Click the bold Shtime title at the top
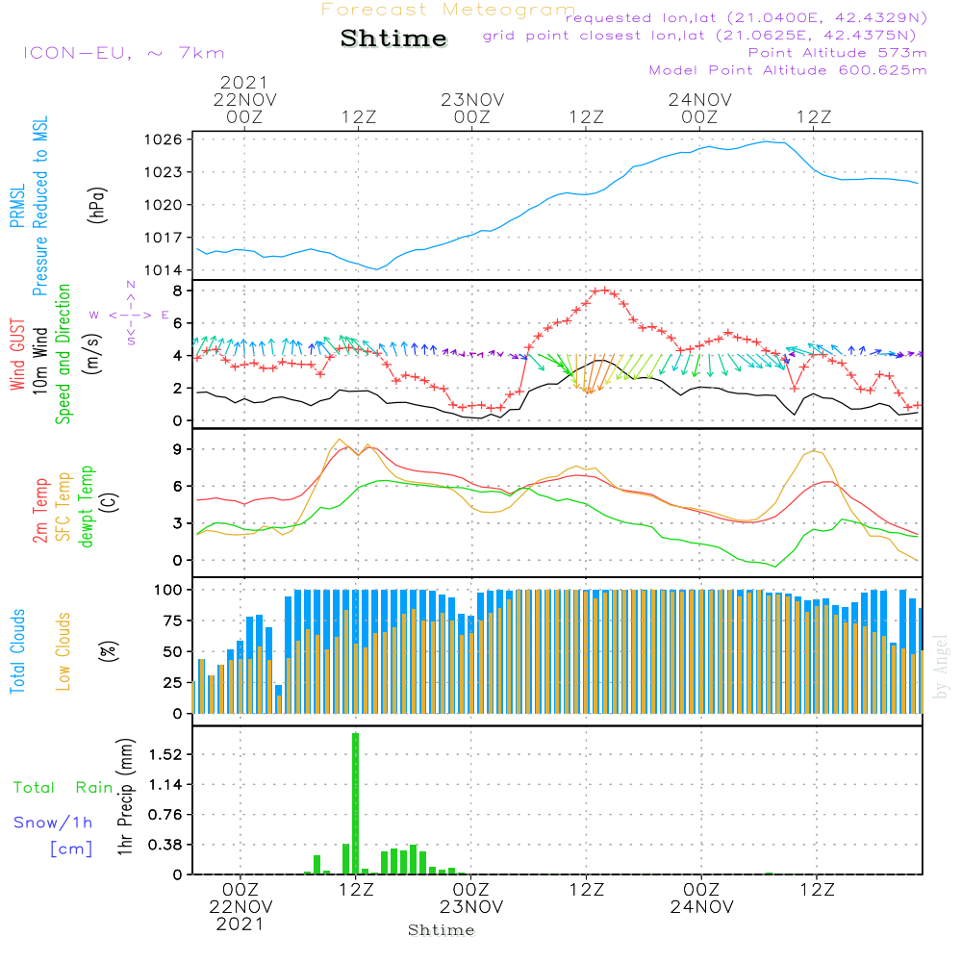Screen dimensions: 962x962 [x=393, y=38]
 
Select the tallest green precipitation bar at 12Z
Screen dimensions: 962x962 [x=355, y=803]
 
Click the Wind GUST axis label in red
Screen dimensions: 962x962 [x=17, y=354]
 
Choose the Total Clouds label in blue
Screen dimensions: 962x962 [x=17, y=651]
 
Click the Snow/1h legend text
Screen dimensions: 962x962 [x=54, y=823]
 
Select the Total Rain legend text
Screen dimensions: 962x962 [x=63, y=787]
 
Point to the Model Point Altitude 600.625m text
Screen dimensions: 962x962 [x=788, y=70]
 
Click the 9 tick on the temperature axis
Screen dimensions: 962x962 [x=177, y=449]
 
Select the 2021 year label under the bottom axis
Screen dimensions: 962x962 [x=240, y=924]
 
